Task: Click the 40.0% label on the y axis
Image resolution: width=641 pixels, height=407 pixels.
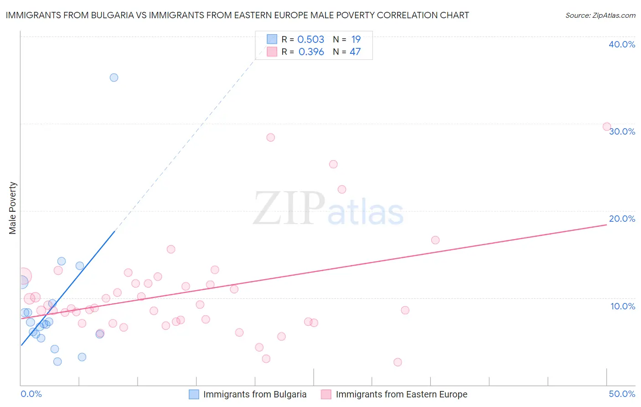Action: [x=622, y=44]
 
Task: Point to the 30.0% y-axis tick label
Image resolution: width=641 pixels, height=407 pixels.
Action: [x=622, y=131]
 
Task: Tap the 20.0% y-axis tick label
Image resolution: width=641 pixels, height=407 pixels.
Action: [x=622, y=219]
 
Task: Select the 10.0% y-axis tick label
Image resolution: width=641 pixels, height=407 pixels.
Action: [x=623, y=306]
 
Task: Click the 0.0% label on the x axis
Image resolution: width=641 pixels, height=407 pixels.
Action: [x=31, y=394]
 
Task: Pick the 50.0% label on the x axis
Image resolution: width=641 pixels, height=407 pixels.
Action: [x=622, y=394]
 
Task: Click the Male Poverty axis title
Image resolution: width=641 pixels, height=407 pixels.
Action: [x=13, y=208]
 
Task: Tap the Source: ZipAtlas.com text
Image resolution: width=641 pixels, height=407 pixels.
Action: [x=600, y=15]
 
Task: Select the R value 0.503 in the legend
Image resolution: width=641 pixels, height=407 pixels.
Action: [x=310, y=40]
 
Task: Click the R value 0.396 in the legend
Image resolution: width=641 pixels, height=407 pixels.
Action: [x=311, y=52]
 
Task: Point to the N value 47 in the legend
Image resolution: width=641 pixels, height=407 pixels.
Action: [x=355, y=52]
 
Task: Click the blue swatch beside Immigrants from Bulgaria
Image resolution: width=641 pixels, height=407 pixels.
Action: [x=194, y=394]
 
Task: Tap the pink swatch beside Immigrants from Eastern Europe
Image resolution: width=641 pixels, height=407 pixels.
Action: [x=326, y=394]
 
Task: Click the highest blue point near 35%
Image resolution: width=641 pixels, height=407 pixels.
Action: [x=114, y=78]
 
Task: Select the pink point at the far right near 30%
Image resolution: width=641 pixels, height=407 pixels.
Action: [x=607, y=127]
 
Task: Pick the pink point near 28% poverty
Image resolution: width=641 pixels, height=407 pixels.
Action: [x=271, y=137]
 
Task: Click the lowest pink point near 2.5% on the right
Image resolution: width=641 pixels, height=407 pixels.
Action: [x=398, y=362]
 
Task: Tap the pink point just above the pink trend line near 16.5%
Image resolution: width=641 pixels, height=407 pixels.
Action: [x=435, y=240]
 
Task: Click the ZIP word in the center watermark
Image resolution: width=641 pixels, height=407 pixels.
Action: [x=289, y=209]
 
